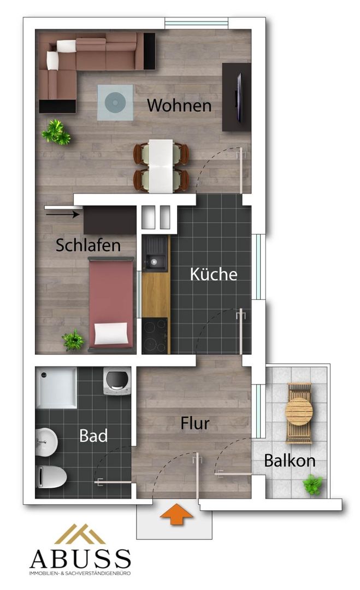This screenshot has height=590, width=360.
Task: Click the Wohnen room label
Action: [179, 105]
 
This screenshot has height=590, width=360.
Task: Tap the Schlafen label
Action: [88, 245]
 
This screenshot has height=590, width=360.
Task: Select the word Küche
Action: [214, 274]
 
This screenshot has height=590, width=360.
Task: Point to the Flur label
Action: [195, 423]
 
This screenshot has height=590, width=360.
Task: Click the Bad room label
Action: [93, 436]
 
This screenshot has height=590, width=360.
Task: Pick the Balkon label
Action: [290, 461]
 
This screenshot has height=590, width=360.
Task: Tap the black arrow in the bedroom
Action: [62, 215]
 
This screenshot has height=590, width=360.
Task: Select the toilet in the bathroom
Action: [51, 476]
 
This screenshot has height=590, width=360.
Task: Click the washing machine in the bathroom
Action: [117, 381]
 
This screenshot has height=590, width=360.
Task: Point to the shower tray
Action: [56, 387]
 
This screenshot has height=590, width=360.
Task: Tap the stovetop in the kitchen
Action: [155, 335]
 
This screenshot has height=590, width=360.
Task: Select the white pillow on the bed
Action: [111, 333]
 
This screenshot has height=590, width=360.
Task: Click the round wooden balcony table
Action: [299, 412]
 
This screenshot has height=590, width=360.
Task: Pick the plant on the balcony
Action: [313, 484]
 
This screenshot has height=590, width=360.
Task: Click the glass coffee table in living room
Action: [115, 102]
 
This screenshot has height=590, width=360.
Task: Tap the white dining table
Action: [161, 166]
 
